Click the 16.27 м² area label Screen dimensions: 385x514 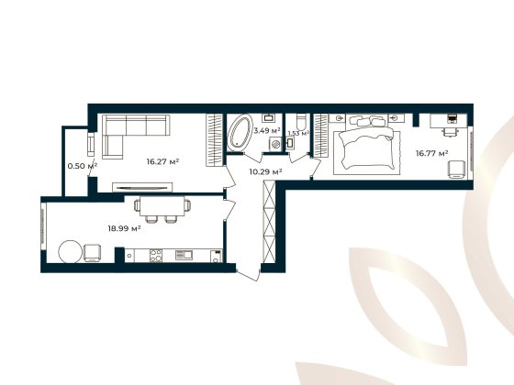pos(162,162)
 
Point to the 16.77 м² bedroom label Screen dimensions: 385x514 pos(431,153)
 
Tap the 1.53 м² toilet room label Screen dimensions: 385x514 pos(297,134)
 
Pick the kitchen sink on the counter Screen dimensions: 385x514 pos(184,255)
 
